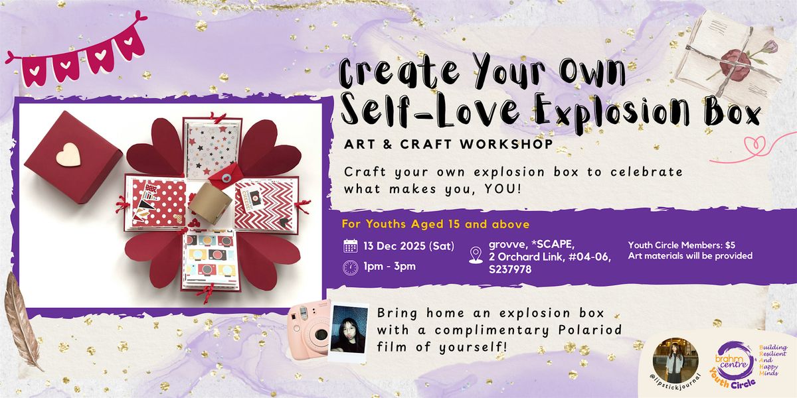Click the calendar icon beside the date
[x=351, y=246]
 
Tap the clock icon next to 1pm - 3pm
[x=351, y=267]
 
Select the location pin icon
[x=476, y=255]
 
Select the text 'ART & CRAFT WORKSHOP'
[x=449, y=144]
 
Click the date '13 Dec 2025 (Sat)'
[x=408, y=246]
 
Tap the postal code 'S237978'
[x=512, y=269]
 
